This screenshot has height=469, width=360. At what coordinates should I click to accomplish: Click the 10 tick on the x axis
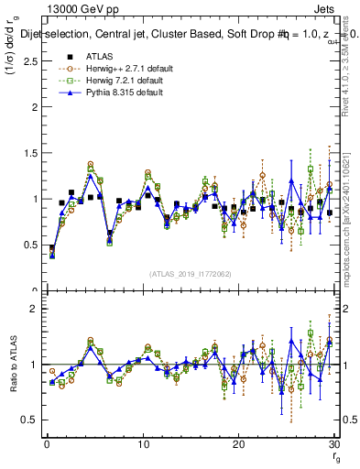click(143, 443)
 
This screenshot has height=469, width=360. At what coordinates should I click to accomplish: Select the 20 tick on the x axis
click(239, 443)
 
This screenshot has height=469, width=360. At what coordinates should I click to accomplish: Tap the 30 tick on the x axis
click(334, 443)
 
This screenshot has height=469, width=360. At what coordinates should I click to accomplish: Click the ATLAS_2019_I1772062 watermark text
click(191, 274)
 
